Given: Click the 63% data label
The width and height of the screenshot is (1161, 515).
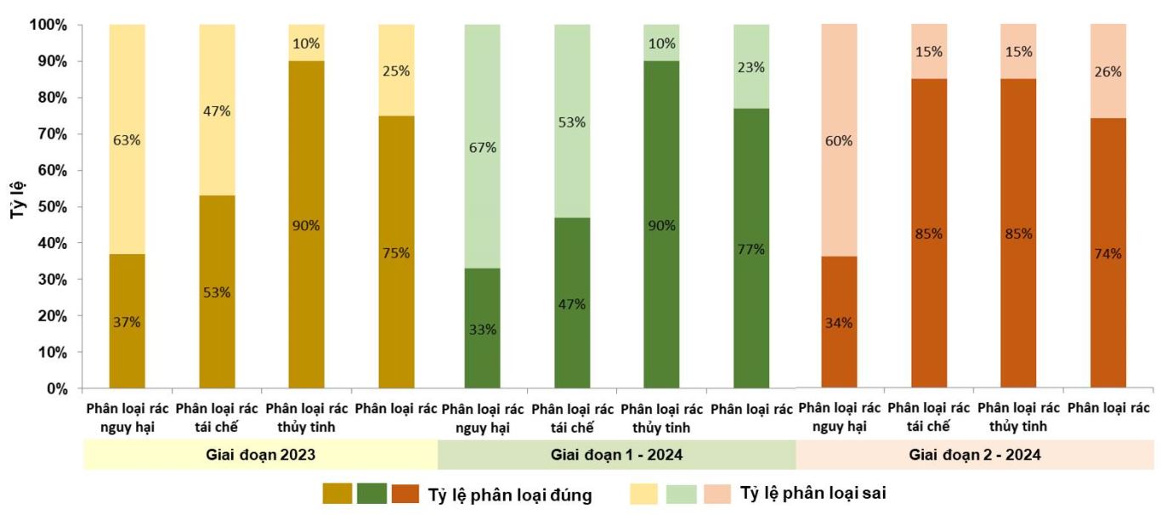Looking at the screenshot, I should point(127,139).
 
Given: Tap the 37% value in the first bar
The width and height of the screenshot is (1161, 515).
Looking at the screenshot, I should point(127,322).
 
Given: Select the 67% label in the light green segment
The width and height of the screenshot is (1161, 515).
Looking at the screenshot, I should point(482,148).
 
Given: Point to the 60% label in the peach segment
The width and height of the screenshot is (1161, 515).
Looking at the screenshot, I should point(838,140).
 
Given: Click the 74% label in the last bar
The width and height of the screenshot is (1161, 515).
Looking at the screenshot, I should point(1108,253).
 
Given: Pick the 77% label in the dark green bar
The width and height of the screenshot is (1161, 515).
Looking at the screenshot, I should point(751,249).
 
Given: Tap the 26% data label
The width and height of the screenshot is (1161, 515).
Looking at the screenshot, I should point(1108,72).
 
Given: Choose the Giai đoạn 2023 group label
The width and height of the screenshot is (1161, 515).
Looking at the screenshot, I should point(261,455).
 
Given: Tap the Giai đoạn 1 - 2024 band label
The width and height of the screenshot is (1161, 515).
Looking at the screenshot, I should point(616,455).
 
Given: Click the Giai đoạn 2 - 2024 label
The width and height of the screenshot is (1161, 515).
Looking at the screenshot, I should point(975,455).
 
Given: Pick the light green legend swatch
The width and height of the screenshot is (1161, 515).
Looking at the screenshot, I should point(681,494).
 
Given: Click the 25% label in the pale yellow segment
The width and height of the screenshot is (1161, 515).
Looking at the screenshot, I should point(396,71).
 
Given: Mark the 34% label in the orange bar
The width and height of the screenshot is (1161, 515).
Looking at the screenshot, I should point(838,323).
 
